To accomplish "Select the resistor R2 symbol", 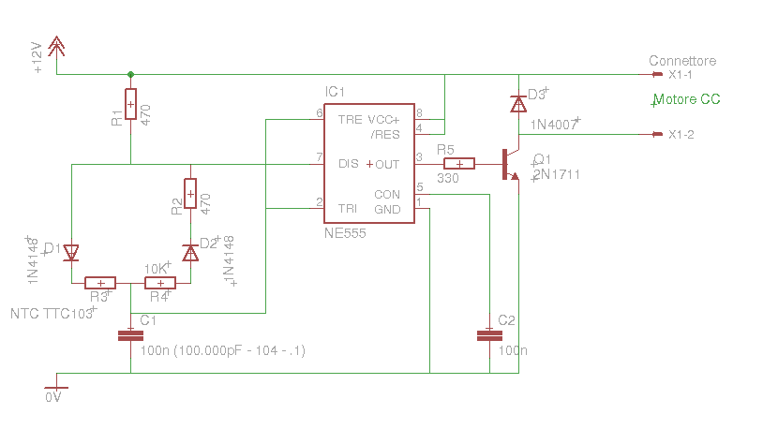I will tap(190, 193).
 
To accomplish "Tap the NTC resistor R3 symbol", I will tap(100, 283).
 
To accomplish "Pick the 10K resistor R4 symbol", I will tap(160, 283).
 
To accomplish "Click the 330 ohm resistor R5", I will tap(459, 163).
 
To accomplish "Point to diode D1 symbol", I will tap(70, 251).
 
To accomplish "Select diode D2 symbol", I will tap(190, 252).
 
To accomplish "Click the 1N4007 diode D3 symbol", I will tap(517, 104).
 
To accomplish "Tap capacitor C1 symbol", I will tap(130, 334).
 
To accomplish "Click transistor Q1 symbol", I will tap(509, 164).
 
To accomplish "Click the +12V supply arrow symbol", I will tap(57, 47).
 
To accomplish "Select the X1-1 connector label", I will tap(681, 75).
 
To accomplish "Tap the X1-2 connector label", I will tap(681, 135).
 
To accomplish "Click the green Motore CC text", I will tap(687, 99).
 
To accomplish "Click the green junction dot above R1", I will tap(130, 74).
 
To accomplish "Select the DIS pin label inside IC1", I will tap(349, 164).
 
